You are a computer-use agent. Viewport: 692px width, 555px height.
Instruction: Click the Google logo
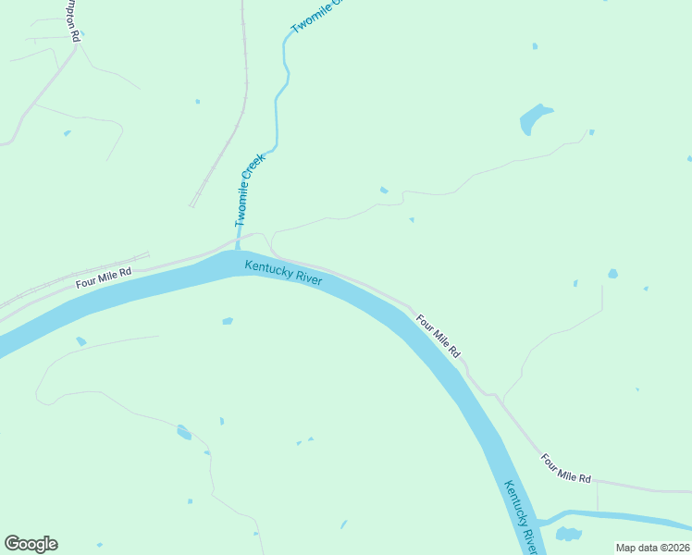click(x=31, y=544)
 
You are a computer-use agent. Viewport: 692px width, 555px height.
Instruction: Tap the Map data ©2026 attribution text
click(x=652, y=547)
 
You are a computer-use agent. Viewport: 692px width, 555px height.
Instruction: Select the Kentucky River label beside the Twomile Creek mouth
click(x=284, y=273)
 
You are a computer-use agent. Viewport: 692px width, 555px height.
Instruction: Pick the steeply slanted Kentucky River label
click(x=520, y=514)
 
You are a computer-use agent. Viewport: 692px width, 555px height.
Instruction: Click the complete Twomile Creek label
click(x=250, y=191)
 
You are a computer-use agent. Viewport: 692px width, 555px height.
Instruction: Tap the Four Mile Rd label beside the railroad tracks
click(x=104, y=275)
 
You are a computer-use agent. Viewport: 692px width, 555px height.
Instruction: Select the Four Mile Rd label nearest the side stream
click(x=566, y=468)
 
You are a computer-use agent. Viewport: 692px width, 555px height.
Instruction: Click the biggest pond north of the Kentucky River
click(x=534, y=118)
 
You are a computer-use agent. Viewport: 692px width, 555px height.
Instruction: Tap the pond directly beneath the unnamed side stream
click(x=567, y=535)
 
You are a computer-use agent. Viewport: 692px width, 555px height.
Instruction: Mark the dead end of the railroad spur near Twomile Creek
click(x=192, y=205)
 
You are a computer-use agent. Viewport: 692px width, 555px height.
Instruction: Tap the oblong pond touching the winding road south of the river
click(x=184, y=432)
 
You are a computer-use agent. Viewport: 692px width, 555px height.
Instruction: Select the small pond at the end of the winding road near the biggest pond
click(x=591, y=132)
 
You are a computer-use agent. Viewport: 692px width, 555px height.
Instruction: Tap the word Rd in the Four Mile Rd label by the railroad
click(x=126, y=272)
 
